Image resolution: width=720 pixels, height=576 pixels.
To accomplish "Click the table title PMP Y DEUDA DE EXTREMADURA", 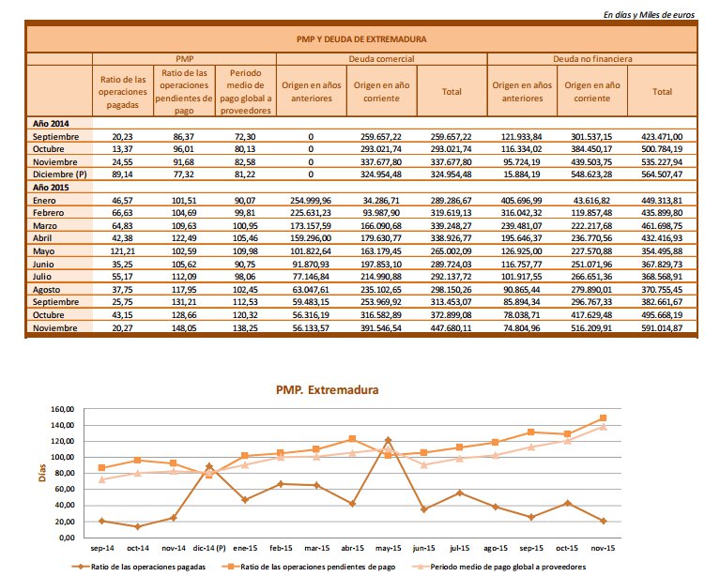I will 360,40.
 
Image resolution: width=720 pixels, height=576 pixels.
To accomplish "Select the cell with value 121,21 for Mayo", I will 123,250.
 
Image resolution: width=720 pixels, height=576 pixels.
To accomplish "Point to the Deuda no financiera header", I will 591,58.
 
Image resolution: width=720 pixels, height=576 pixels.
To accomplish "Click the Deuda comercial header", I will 382,58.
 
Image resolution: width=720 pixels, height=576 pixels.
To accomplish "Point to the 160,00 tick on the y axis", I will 58,410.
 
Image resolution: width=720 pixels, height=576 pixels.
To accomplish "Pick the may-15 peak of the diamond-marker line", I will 388,440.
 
